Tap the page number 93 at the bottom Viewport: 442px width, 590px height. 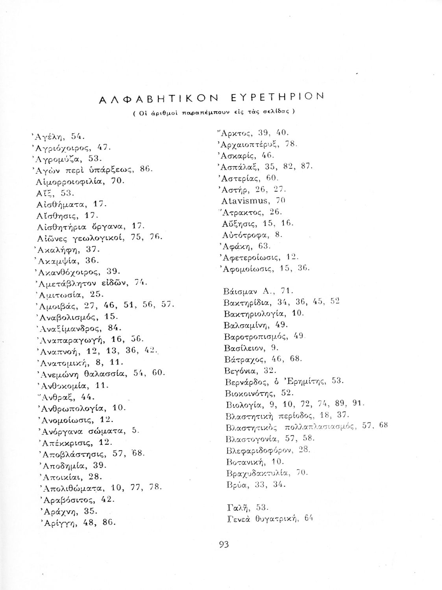[224, 544]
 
